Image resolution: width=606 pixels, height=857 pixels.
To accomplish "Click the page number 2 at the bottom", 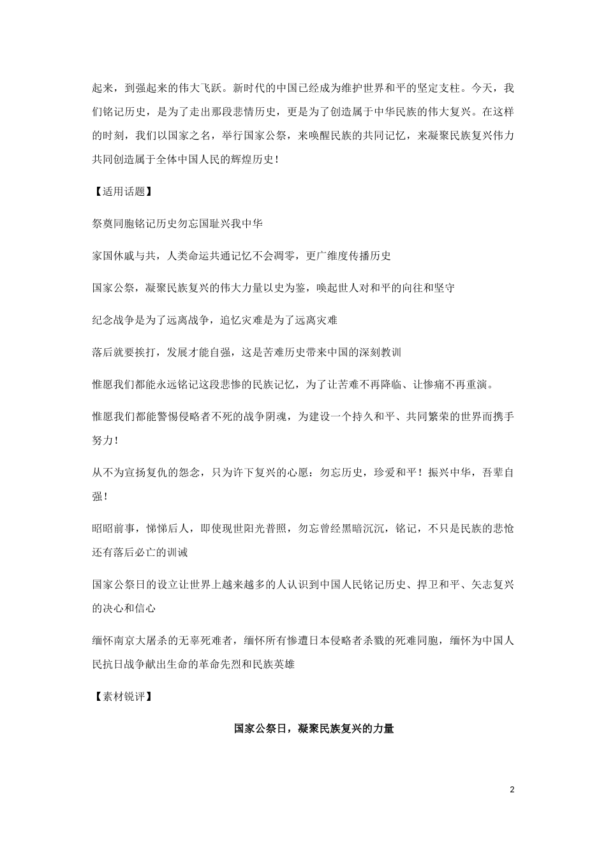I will pos(512,789).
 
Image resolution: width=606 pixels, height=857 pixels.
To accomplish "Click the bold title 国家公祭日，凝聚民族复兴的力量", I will pos(313,728).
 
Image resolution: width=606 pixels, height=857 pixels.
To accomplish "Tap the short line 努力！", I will pos(105,441).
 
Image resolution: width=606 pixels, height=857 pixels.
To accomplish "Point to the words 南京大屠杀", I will pos(140,640).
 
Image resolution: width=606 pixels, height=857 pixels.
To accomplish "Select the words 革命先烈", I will pos(232,664).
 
